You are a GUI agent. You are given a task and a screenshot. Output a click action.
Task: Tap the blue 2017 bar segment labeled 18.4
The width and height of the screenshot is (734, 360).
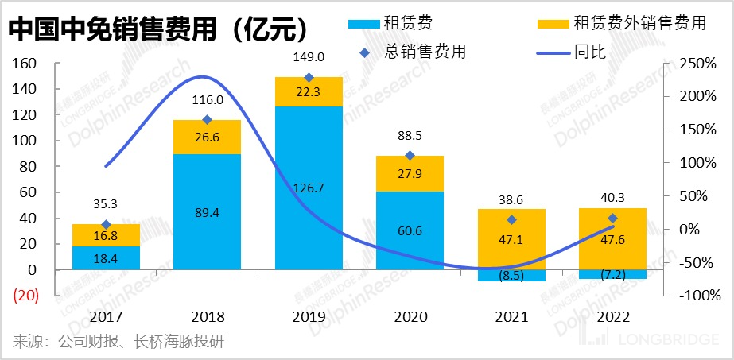coord(105,258)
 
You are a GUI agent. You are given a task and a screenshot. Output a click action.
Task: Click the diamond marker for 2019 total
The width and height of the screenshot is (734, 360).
coord(309,78)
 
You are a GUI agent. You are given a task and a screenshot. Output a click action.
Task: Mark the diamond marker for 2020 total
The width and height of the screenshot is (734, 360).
coord(410,156)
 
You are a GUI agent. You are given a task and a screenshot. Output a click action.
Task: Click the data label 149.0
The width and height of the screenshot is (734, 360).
coord(309,57)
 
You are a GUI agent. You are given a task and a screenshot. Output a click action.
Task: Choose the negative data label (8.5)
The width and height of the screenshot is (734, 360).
coord(511,276)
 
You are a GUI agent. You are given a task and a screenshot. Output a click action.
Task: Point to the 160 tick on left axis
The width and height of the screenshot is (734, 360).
coord(26,64)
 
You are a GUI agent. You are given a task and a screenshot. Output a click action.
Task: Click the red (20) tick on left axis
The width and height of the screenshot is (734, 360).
coord(26,296)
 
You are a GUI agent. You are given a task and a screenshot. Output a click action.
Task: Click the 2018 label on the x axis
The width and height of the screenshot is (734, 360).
coord(207,316)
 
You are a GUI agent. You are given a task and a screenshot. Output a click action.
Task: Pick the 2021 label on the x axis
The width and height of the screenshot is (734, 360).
coord(511,316)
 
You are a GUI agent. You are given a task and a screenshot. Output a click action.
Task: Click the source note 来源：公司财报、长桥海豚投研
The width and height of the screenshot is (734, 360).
coord(118,342)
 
